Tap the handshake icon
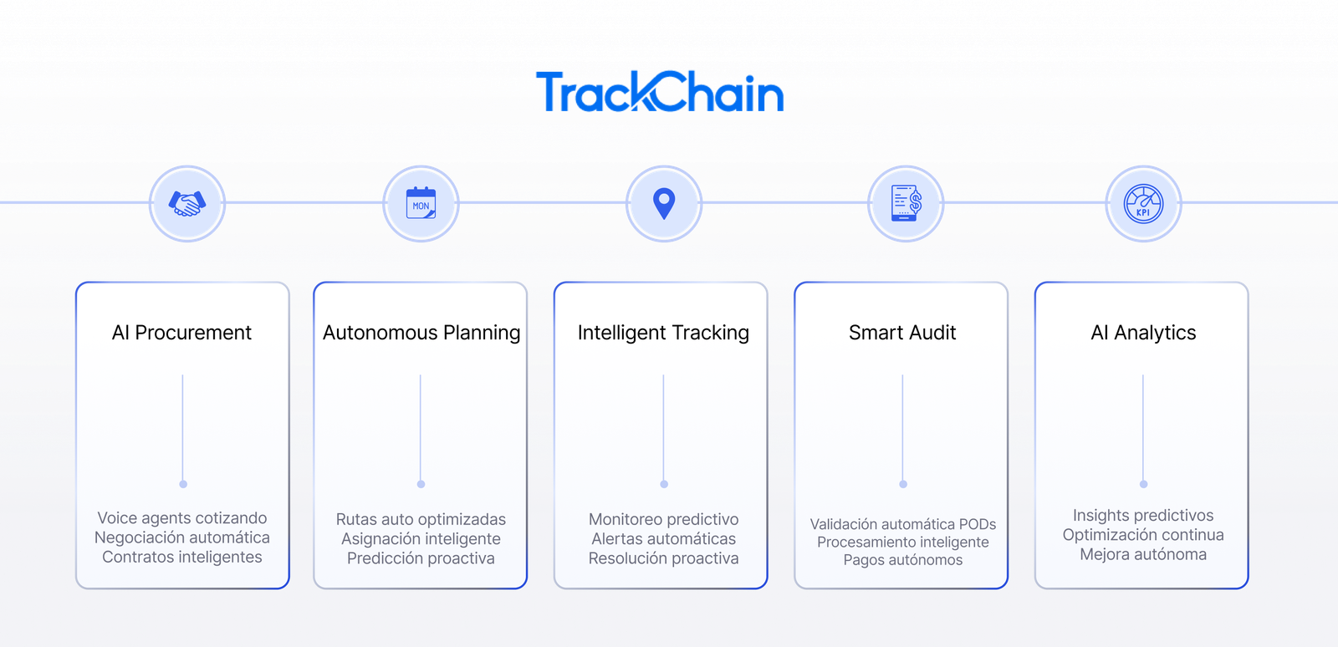(187, 203)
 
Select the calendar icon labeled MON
(421, 203)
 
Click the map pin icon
(664, 204)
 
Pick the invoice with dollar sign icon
(906, 203)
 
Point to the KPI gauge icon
(1143, 203)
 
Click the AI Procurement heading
(181, 333)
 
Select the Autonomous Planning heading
(421, 333)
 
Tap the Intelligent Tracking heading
(663, 333)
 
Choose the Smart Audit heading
(902, 333)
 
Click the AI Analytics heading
(1143, 333)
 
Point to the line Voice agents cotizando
(182, 518)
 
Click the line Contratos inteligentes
(182, 557)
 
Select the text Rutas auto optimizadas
(421, 519)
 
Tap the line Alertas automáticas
(664, 539)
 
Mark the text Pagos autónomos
(903, 560)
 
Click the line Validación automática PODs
(903, 524)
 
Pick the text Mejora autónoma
(1143, 554)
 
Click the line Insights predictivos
(1143, 515)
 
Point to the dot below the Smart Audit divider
(903, 484)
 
